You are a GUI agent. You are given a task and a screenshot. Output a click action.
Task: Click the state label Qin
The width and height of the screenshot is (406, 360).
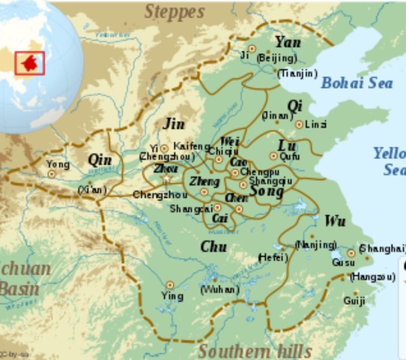(100, 159)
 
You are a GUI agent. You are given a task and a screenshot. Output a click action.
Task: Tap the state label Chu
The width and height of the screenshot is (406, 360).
(214, 247)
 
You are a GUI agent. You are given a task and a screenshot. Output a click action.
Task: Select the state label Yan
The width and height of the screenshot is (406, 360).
(288, 42)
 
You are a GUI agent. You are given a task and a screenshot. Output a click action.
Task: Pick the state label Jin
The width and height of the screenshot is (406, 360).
(174, 124)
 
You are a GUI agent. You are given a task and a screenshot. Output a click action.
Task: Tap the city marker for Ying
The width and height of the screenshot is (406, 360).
(170, 284)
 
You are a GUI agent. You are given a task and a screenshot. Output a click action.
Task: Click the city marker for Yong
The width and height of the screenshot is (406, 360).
(52, 174)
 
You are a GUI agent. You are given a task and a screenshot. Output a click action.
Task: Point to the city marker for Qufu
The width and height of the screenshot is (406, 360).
(274, 156)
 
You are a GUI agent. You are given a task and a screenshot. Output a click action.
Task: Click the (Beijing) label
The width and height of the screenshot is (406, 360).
(276, 57)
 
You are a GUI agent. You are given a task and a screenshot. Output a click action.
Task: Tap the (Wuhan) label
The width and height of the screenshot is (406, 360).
(219, 289)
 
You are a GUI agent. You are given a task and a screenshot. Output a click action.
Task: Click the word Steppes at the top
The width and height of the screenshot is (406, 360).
(174, 11)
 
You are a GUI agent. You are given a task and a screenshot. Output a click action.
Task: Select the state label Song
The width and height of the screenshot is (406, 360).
(266, 192)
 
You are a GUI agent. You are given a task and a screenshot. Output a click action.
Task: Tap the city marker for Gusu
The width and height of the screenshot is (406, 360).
(351, 253)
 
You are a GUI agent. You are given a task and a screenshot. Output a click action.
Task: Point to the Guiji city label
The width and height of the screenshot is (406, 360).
(354, 301)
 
